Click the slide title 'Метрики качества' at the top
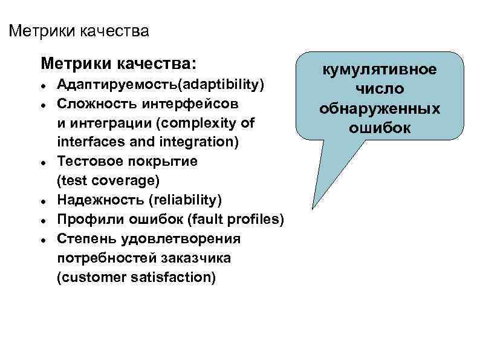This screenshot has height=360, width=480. coord(79,30)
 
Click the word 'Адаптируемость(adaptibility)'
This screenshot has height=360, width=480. coord(161,84)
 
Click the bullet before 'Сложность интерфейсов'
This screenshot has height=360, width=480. coord(44,104)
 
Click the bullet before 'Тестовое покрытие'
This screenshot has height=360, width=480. coord(44,162)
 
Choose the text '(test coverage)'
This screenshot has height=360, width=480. coord(107,181)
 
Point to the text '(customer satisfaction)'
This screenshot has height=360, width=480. coord(136,278)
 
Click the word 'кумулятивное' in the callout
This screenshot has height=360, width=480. coord(379,70)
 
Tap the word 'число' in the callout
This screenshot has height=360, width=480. coord(379,90)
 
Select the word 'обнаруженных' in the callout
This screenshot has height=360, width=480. coord(379,109)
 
